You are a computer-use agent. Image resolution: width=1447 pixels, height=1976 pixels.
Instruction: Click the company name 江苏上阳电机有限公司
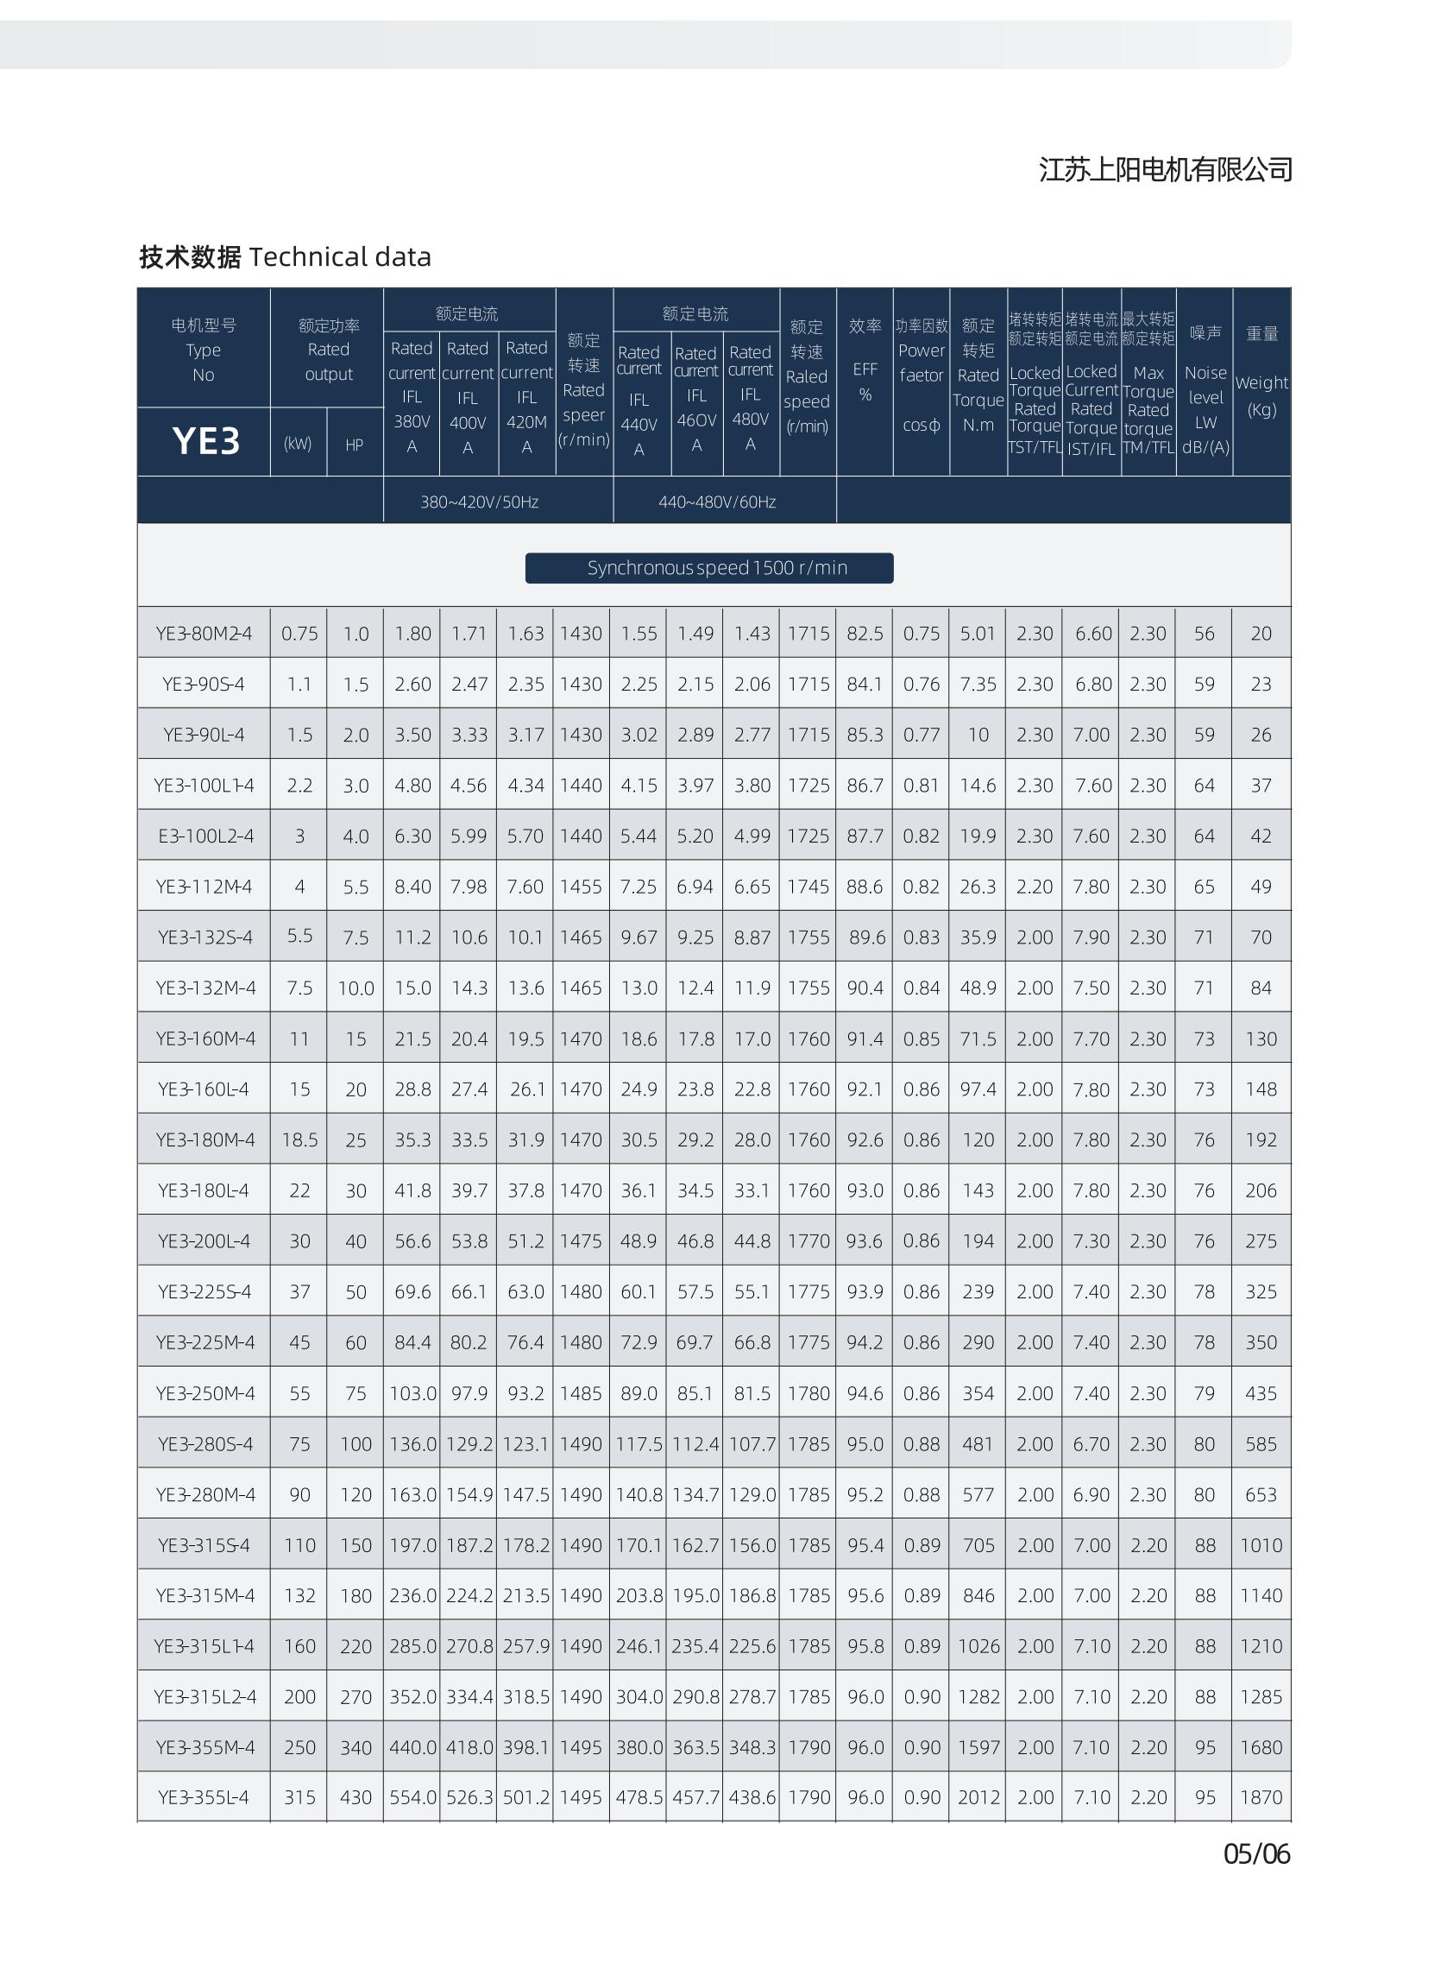tap(1165, 169)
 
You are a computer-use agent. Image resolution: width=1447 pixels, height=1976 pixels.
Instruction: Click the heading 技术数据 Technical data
tap(285, 256)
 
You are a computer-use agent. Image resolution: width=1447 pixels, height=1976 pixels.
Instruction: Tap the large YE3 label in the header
tap(206, 441)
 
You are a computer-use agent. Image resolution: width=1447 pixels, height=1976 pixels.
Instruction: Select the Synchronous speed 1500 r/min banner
tap(708, 568)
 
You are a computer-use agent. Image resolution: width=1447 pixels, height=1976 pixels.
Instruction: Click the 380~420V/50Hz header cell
tap(479, 502)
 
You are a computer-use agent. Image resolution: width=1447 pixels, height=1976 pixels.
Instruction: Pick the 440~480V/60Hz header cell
tap(716, 502)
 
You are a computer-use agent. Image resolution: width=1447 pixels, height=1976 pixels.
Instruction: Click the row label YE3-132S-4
tap(205, 937)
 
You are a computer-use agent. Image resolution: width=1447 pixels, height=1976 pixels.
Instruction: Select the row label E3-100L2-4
tap(206, 836)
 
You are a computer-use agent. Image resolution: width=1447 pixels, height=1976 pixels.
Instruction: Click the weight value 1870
tap(1261, 1797)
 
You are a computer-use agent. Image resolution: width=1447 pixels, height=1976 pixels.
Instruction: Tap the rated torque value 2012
tap(978, 1797)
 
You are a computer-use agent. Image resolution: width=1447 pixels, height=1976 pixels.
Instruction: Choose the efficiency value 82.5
tap(864, 634)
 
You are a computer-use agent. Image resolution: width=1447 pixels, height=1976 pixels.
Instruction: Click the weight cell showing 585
tap(1261, 1444)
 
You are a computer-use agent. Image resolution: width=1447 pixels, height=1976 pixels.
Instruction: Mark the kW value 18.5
tap(299, 1140)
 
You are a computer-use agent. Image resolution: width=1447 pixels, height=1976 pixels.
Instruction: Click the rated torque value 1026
tap(978, 1646)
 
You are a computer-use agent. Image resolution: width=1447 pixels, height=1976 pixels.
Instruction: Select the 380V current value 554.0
tap(412, 1797)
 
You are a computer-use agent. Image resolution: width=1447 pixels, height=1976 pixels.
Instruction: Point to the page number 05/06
tap(1256, 1854)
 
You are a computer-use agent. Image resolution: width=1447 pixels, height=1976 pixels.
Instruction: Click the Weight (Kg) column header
tap(1261, 395)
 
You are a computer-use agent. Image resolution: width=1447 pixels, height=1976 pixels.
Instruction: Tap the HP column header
tap(354, 445)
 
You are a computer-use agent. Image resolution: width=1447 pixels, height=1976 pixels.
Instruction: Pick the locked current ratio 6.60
tap(1092, 634)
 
